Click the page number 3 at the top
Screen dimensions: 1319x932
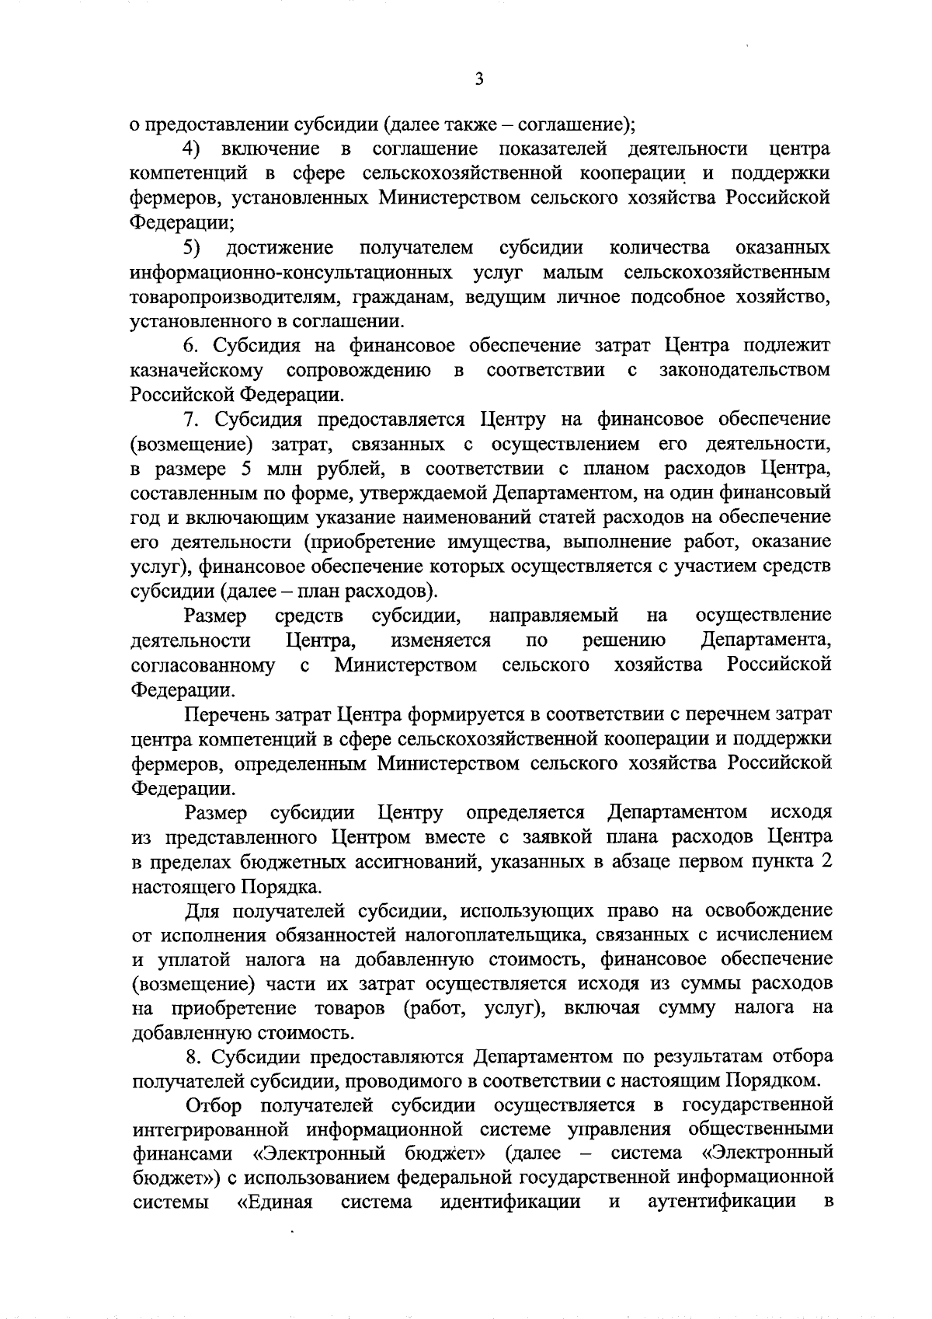click(x=479, y=79)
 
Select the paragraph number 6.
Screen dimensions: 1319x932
click(x=192, y=346)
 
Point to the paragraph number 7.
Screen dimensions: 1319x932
click(x=192, y=420)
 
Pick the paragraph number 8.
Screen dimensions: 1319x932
click(x=194, y=1056)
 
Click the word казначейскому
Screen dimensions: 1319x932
click(x=196, y=371)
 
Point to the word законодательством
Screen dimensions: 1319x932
click(x=744, y=371)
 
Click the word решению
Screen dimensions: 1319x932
click(x=624, y=641)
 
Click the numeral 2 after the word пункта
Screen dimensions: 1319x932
click(x=826, y=862)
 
